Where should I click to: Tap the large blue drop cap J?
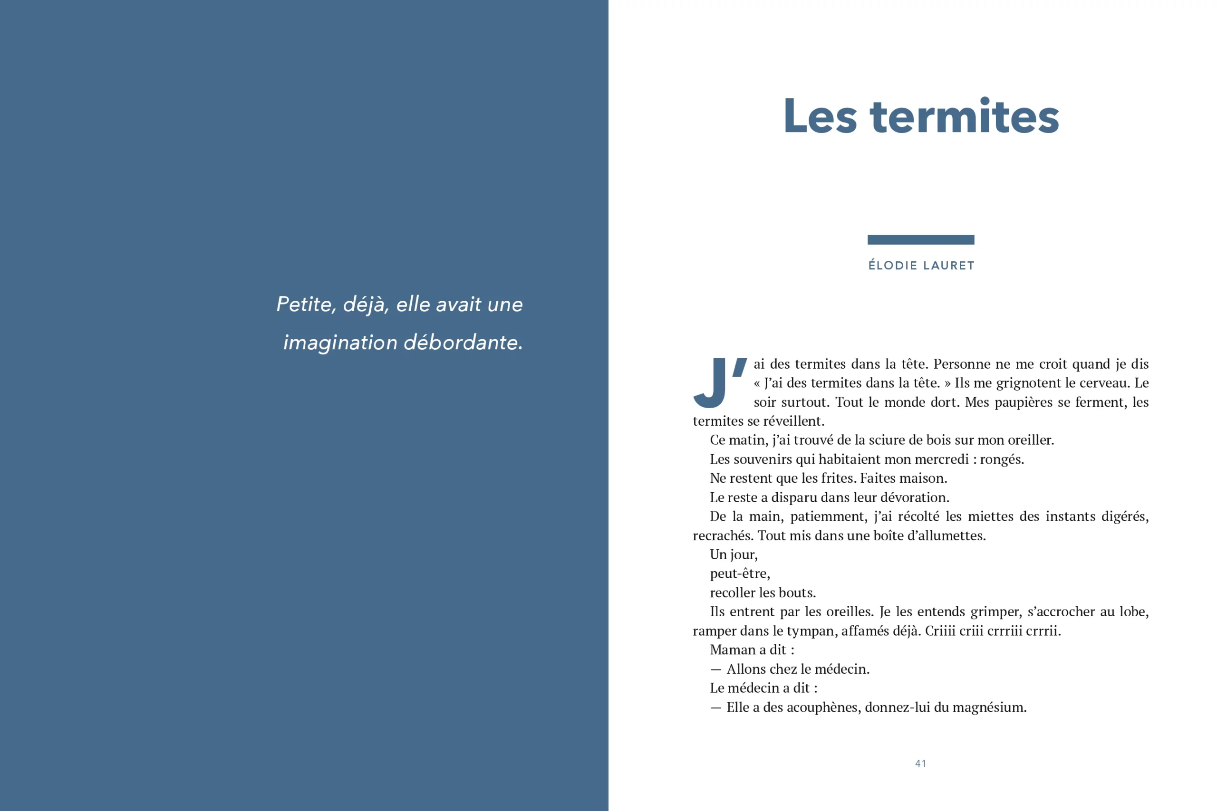click(x=711, y=383)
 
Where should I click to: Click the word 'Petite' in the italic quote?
click(x=304, y=304)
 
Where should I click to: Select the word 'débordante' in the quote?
click(x=462, y=343)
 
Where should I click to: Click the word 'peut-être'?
click(x=739, y=573)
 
